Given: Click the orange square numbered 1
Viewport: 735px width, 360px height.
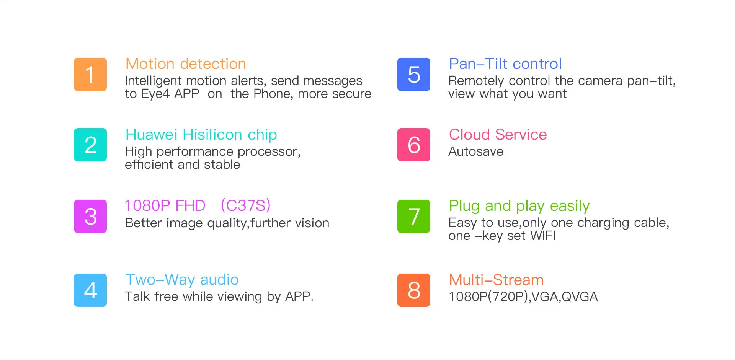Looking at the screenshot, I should click(x=90, y=74).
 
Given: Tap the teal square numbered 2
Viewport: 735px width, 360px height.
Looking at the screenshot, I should click(x=90, y=145).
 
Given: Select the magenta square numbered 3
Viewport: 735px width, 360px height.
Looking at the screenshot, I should click(x=90, y=216).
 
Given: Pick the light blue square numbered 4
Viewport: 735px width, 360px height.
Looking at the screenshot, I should click(x=90, y=290).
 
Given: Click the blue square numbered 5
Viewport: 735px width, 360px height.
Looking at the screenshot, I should click(x=414, y=74).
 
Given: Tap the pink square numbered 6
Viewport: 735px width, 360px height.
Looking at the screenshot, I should click(x=414, y=145).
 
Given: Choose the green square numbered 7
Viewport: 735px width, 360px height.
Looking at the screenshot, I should click(x=414, y=216).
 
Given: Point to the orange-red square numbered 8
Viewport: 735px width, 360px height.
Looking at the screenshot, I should click(x=414, y=290).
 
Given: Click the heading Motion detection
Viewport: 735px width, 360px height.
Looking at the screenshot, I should click(x=186, y=64).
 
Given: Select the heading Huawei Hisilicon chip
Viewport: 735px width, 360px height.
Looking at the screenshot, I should click(x=201, y=135).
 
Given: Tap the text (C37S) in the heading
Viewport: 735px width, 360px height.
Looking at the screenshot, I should click(x=245, y=206).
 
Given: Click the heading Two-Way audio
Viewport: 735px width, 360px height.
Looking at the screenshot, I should click(x=182, y=280).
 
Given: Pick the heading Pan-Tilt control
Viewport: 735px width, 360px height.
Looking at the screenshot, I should click(x=505, y=64).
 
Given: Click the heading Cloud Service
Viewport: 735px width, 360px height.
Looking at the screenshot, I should click(x=498, y=135).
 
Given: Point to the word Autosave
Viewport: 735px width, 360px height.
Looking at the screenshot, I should click(x=476, y=151).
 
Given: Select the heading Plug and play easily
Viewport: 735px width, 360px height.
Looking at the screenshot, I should click(x=519, y=206).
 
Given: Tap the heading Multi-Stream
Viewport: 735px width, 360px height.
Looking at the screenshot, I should click(x=496, y=280).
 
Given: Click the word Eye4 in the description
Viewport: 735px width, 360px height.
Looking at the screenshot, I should click(x=155, y=94).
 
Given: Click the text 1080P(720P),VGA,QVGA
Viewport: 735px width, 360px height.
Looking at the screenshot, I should click(x=523, y=297).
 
